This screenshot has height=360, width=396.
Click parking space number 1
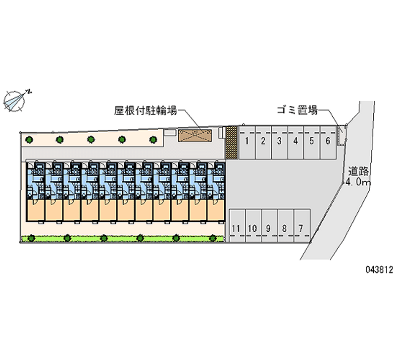click(247, 141)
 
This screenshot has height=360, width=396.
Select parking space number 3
click(280, 141)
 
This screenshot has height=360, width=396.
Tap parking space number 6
click(328, 141)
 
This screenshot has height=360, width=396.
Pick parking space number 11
click(236, 228)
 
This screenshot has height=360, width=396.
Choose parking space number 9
click(268, 228)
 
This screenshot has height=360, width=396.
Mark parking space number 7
click(300, 228)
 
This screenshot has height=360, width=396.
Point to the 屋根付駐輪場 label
click(146, 111)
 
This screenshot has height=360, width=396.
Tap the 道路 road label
click(358, 172)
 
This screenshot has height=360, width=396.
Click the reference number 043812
click(379, 270)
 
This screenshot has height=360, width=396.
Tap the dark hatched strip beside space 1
click(231, 143)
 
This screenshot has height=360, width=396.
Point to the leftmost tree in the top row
click(30, 140)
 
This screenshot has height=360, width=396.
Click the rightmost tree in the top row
click(152, 140)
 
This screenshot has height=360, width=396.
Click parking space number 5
click(311, 141)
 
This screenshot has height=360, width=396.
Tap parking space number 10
click(252, 228)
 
